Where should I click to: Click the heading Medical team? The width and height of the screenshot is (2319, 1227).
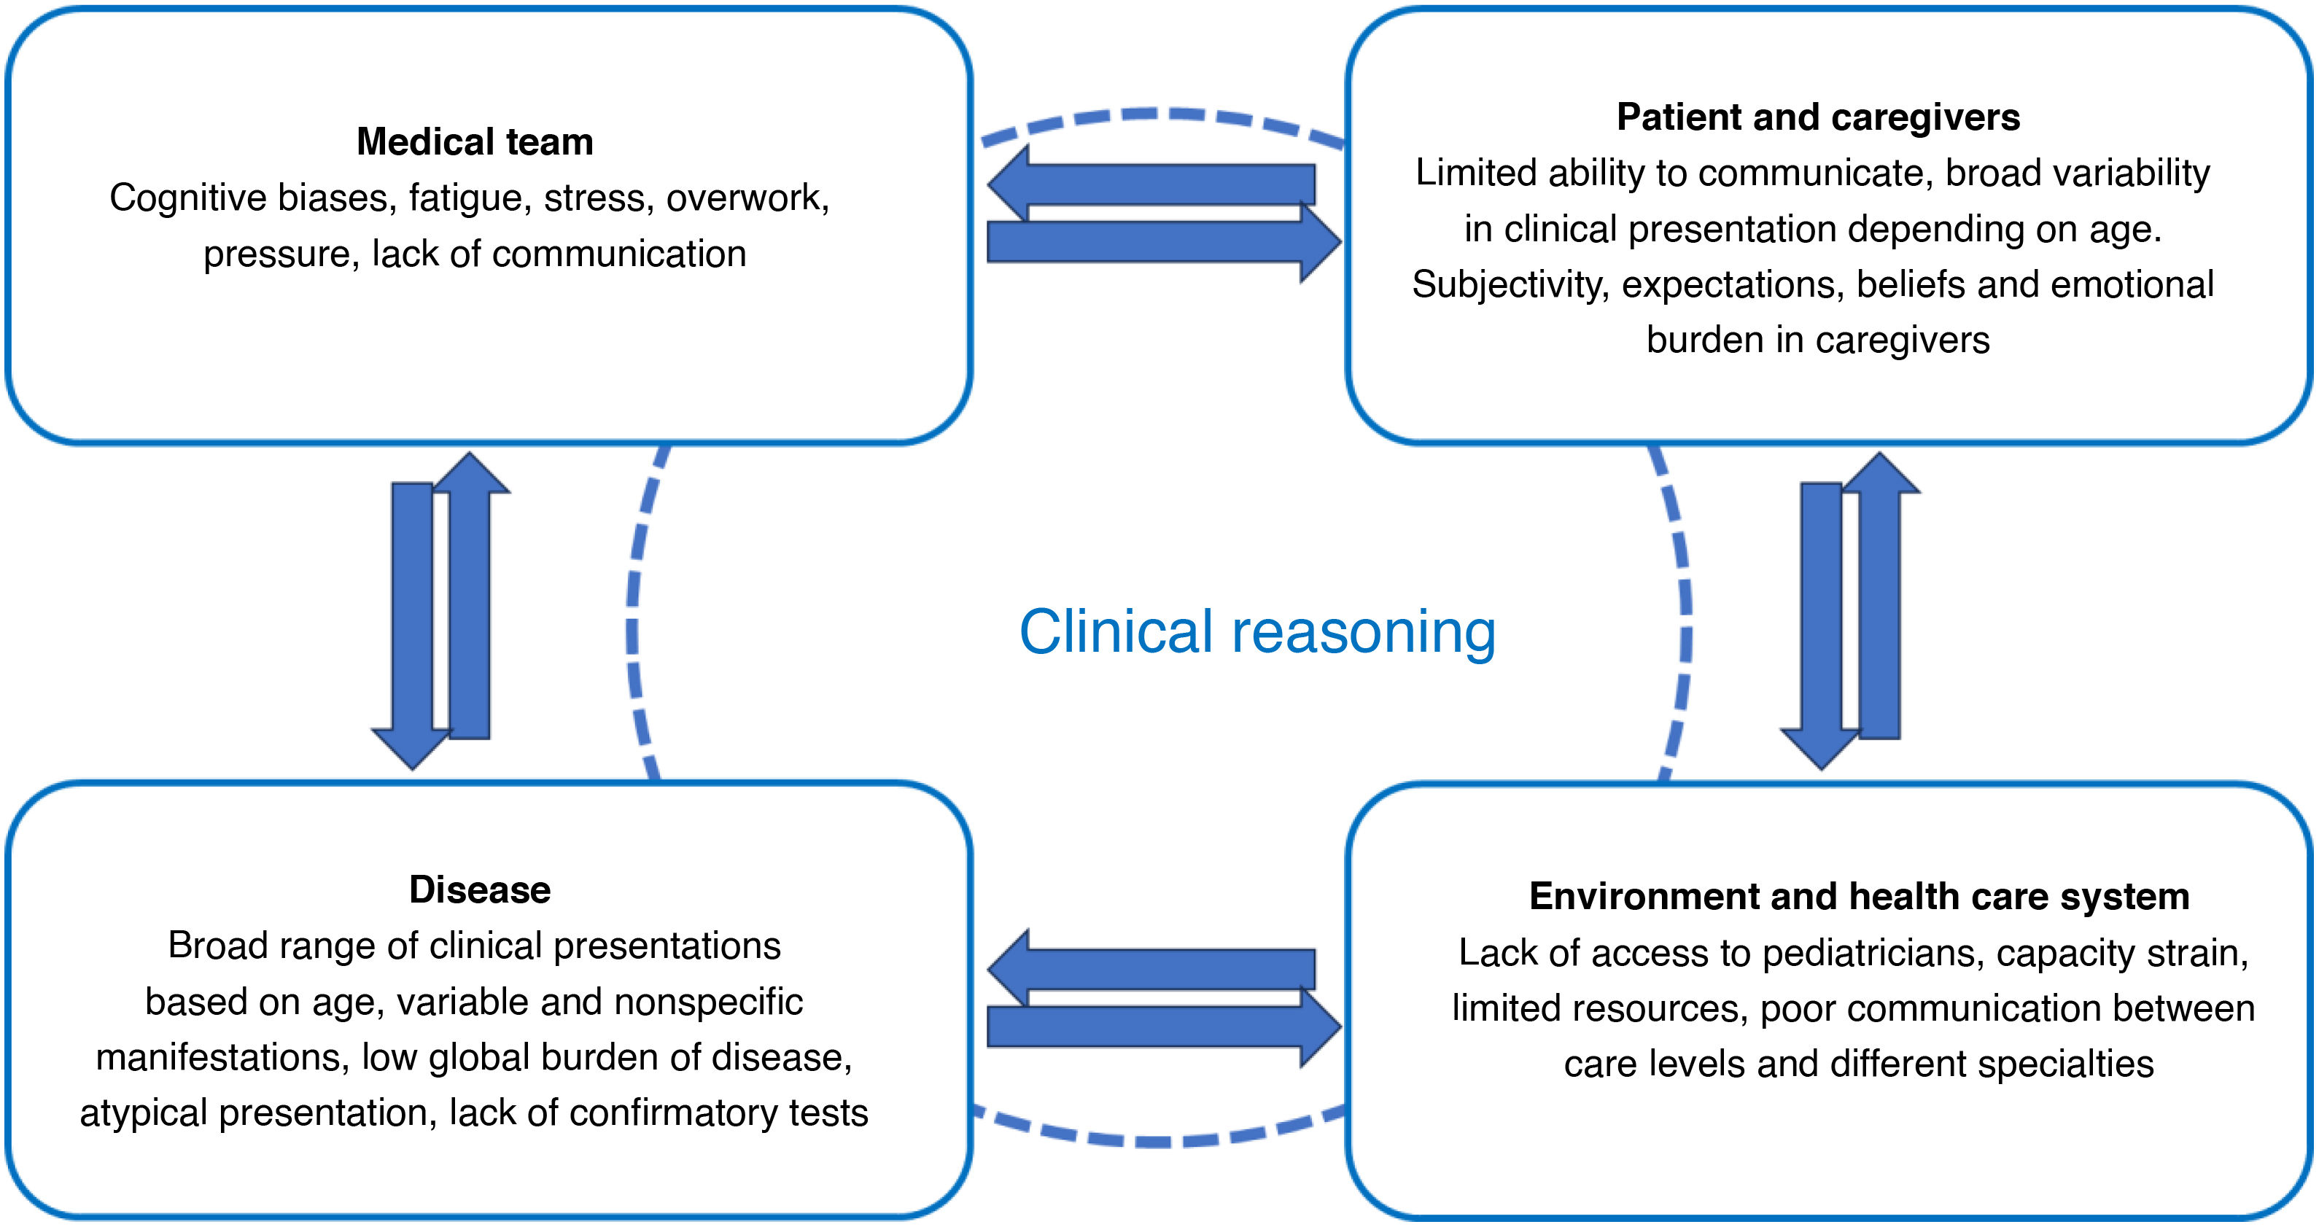tap(475, 142)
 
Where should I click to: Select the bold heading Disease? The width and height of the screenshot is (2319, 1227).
tap(479, 889)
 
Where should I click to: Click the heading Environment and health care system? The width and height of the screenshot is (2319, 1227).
tap(1859, 897)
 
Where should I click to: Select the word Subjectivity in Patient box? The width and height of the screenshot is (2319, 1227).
tap(1510, 284)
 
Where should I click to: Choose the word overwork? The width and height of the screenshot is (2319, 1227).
tap(745, 198)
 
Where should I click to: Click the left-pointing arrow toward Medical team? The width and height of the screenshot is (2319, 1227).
tap(1152, 184)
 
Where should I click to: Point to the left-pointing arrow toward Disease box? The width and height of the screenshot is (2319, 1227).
tap(1152, 969)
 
